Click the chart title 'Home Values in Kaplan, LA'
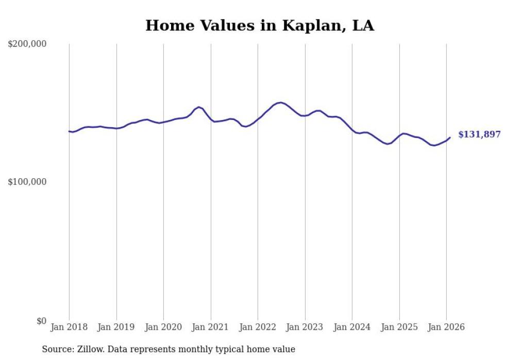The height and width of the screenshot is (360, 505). click(260, 25)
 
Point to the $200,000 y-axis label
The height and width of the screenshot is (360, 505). click(27, 44)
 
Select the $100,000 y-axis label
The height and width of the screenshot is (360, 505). click(27, 182)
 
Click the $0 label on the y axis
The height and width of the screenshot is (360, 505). click(41, 321)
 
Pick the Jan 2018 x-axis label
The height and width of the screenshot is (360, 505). click(69, 327)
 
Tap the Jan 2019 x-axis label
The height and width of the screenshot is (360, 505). click(116, 327)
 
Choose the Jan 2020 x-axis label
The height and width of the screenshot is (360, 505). click(163, 327)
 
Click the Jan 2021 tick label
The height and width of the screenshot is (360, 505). click(211, 327)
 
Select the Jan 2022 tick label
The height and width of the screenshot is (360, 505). click(258, 327)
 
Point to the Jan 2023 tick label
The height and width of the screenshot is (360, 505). click(305, 327)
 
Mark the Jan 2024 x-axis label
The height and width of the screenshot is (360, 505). click(352, 327)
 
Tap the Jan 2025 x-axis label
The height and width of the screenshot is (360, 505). click(399, 327)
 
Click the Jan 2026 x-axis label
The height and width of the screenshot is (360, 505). click(446, 327)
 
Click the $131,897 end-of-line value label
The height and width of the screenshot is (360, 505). click(479, 134)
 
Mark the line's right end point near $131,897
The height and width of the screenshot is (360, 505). click(450, 138)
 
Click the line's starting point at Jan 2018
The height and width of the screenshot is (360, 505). click(69, 131)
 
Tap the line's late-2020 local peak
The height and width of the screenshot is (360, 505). click(199, 107)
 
